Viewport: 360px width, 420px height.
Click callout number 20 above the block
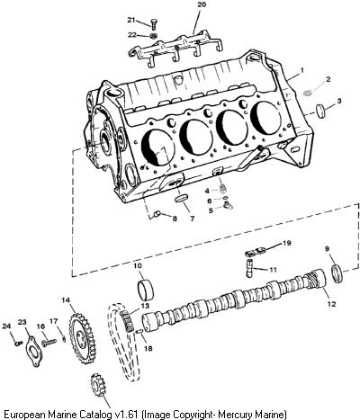click(202, 4)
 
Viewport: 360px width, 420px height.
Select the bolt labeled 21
click(153, 23)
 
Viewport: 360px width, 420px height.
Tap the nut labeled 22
click(153, 36)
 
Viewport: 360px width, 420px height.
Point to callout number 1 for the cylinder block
click(301, 70)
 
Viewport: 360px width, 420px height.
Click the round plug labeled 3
click(321, 110)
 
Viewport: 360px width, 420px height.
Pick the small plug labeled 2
click(308, 93)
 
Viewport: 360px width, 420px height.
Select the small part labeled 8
click(157, 213)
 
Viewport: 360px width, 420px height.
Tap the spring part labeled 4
click(222, 189)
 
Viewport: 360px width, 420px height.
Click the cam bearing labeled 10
click(146, 290)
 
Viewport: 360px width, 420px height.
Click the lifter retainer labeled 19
click(256, 251)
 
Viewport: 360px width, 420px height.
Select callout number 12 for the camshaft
click(331, 304)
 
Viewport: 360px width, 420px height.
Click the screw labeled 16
click(49, 342)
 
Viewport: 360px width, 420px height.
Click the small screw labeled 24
click(18, 344)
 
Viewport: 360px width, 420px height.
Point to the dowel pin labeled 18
click(139, 331)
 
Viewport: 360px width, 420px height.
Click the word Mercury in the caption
click(235, 415)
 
